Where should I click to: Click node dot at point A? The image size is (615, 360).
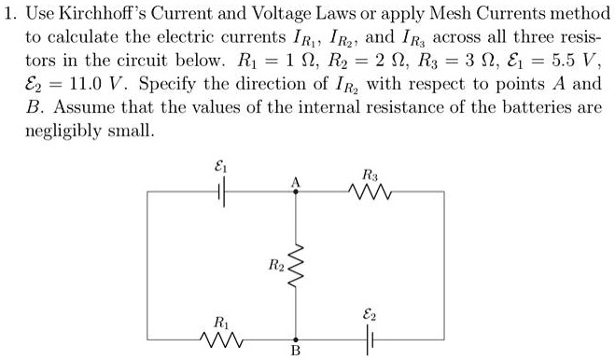point(296,193)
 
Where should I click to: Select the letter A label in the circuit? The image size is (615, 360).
point(296,181)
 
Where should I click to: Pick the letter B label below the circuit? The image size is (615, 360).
point(296,353)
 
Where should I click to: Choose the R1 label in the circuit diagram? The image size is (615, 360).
point(220,321)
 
